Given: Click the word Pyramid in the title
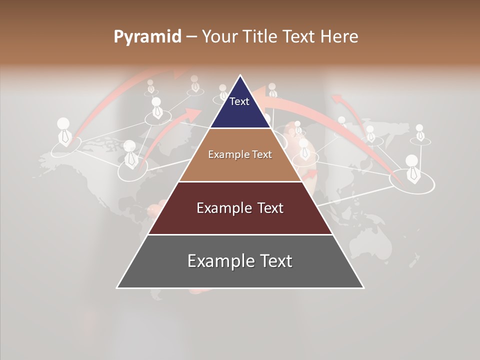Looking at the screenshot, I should click(x=147, y=37).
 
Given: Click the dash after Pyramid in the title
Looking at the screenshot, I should click(x=191, y=37).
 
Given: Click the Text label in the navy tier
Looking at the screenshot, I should click(x=239, y=101).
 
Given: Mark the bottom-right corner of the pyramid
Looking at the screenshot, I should click(x=363, y=287).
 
